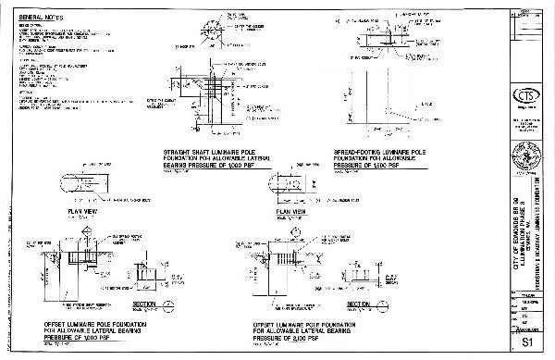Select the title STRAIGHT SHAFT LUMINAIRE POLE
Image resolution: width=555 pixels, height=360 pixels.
pyautogui.click(x=212, y=150)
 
